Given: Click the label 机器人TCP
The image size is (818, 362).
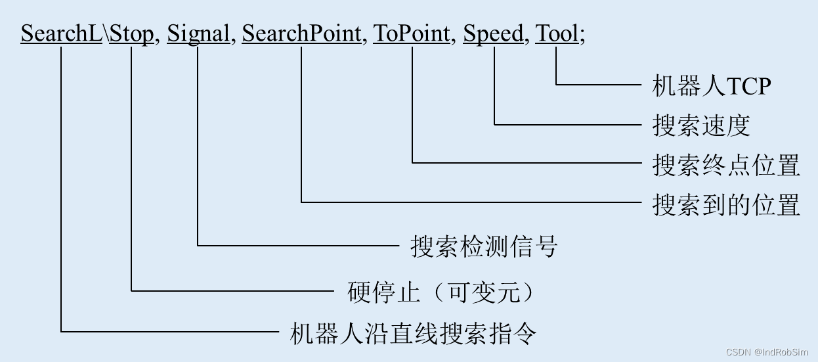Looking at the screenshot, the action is click(711, 85).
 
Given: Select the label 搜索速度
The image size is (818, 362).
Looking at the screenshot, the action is click(701, 125).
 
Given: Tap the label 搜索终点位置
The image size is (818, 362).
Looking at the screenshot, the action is click(726, 164).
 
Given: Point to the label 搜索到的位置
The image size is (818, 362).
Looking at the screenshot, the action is click(726, 204).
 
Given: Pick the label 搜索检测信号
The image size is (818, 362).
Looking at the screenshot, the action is click(484, 246).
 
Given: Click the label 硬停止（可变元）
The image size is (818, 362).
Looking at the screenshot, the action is click(441, 291).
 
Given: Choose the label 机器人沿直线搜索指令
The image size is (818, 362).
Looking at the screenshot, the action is click(413, 333).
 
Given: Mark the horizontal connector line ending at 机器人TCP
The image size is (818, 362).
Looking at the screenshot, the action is click(597, 85).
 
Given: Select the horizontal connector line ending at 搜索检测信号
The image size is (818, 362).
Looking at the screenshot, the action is click(299, 246).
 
